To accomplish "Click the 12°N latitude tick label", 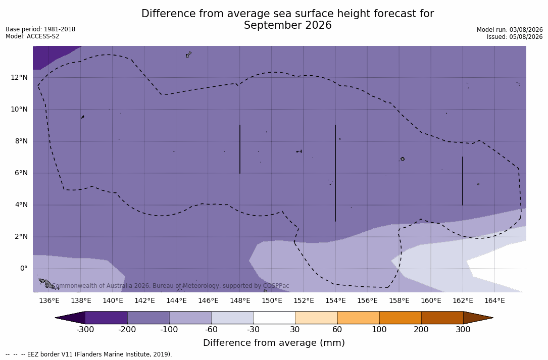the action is pos(19,77).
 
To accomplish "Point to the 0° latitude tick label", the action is pos(24,269).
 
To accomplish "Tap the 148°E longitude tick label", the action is pos(240,300).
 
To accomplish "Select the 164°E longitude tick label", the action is pos(494,300).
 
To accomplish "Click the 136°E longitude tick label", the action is pos(49,300).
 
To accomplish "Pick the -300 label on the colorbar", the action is pos(85,330).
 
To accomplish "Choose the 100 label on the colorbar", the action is pos(379,330).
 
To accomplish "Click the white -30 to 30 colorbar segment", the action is pos(274,318).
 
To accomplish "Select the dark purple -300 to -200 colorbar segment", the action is pos(106,318).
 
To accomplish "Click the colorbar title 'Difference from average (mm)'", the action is pos(274,343).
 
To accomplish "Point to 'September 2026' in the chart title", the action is pos(287,25).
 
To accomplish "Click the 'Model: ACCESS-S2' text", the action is pos(32,36).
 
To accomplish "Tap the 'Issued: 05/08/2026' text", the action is pos(515,37).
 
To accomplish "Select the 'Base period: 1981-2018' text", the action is pos(40,29).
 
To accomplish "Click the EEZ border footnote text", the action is pos(89,354).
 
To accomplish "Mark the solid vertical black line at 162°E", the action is pos(462,181).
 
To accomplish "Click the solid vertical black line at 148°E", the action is pos(240,149).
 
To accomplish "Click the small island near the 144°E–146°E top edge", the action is pos(188,55).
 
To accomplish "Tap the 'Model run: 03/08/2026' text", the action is pos(510,30).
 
